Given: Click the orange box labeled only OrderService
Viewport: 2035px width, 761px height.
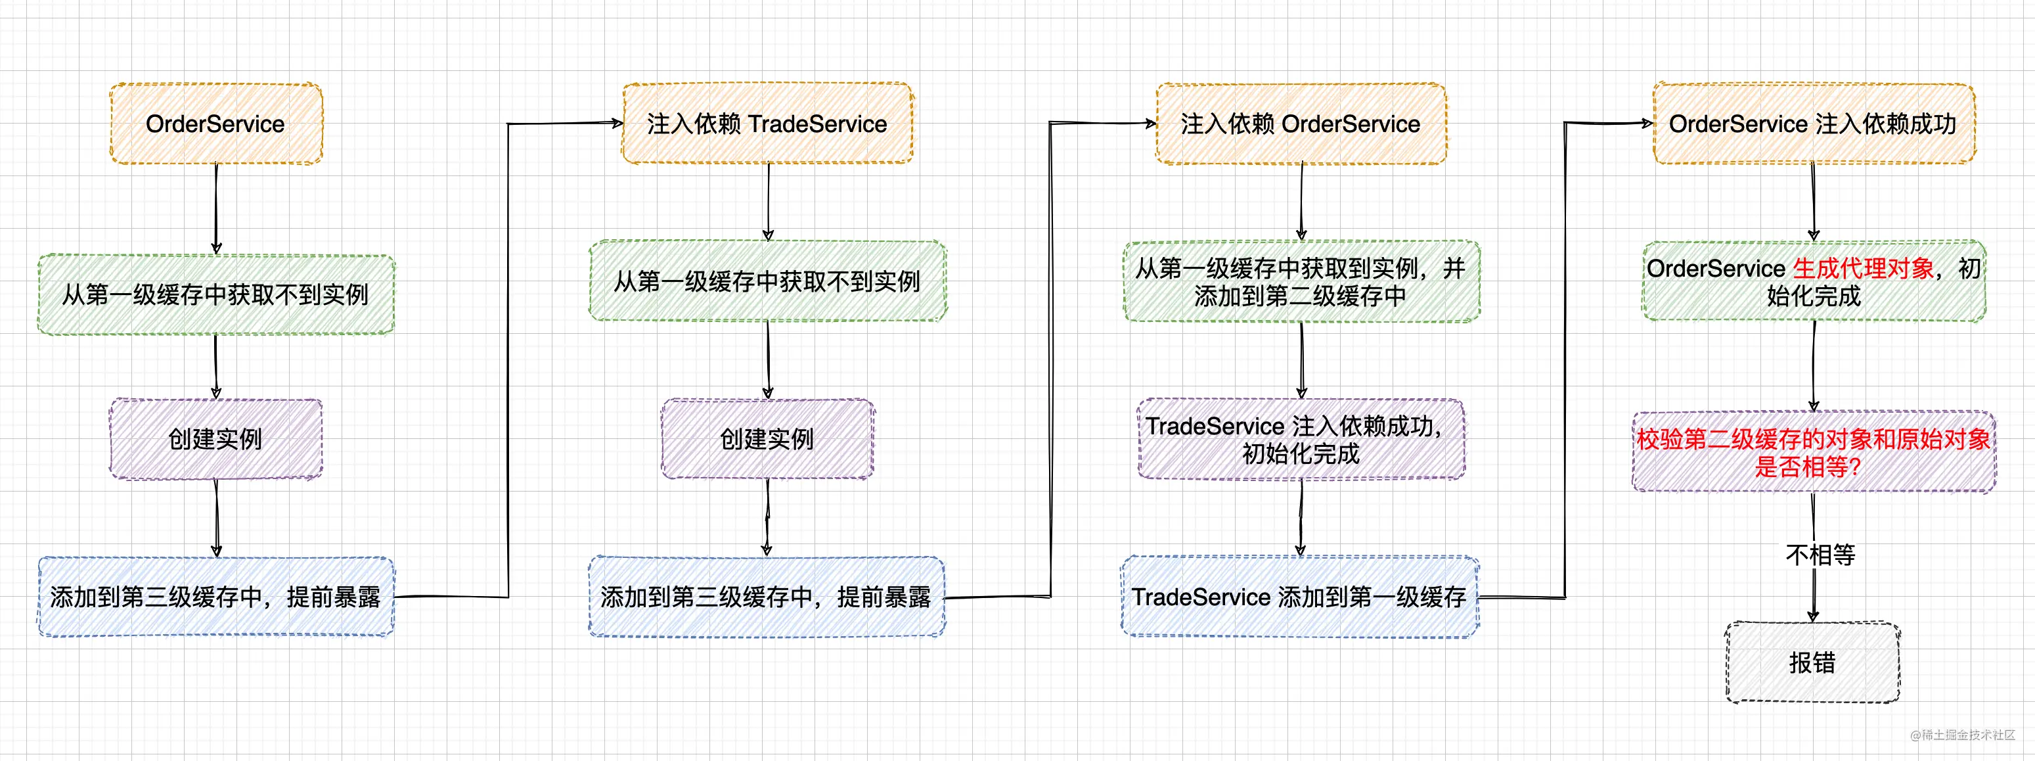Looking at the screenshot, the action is [215, 124].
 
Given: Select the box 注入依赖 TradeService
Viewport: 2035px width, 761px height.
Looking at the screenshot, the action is [768, 124].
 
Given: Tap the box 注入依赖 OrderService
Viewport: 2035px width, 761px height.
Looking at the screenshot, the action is [1301, 124].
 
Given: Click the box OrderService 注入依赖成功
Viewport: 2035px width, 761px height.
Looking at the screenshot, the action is [1814, 124].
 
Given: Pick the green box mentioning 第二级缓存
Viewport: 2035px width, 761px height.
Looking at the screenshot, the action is [1301, 281].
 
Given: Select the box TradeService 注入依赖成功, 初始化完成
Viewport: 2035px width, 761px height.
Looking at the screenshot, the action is [1301, 440].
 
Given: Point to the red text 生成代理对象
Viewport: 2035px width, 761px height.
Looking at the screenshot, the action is [1864, 269].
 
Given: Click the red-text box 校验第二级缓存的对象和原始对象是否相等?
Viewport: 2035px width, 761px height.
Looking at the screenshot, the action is [1814, 452].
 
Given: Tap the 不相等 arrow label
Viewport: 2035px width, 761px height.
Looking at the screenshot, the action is [1820, 555].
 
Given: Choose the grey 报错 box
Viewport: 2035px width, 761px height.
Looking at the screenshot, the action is [1813, 662].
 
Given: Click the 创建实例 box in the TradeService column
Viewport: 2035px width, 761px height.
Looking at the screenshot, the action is [768, 440].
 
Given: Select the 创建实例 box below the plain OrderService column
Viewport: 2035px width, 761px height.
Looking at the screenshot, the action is [215, 440].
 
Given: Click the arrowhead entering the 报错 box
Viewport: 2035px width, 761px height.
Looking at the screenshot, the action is [1813, 616].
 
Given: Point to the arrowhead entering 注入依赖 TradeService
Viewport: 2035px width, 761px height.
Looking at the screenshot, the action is [617, 122].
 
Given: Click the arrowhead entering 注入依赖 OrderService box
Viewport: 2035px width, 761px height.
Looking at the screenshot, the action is [1150, 122].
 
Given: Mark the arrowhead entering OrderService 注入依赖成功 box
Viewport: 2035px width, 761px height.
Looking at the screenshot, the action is [1647, 122].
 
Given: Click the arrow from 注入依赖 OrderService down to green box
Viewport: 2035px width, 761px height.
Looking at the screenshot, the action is [1301, 202].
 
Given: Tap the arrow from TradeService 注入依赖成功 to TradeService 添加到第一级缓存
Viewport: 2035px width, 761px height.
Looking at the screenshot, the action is [1301, 518].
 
